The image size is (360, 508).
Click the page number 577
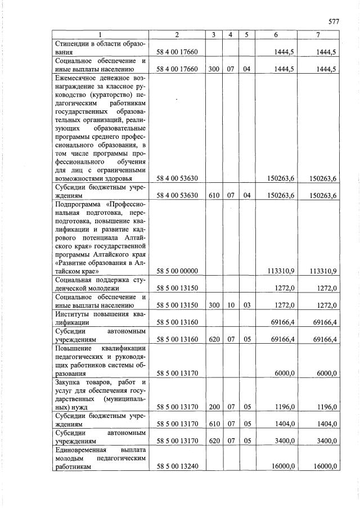coord(334,22)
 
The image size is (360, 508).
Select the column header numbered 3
coord(214,35)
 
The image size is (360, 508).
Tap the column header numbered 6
coord(276,35)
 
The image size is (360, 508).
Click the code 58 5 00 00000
coord(177,271)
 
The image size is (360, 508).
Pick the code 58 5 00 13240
coord(177,466)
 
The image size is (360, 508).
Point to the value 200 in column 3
coord(214,407)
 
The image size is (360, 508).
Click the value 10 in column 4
coord(231,305)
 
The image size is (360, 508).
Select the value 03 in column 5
coord(246,305)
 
